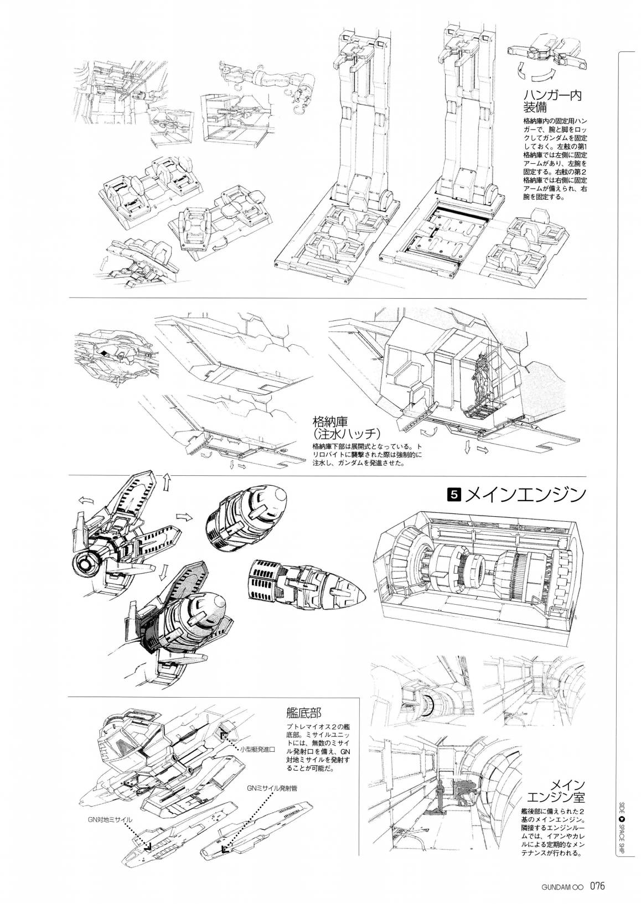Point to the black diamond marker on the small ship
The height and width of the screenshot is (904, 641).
[105, 353]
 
